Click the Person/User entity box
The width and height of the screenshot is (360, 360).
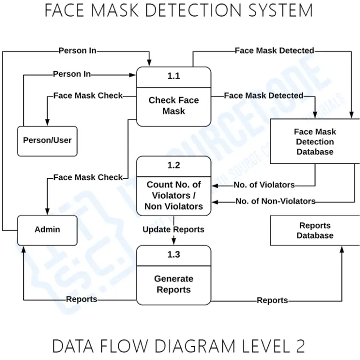point(48,141)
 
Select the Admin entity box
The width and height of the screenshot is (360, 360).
point(48,230)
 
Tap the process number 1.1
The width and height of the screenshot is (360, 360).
point(174,76)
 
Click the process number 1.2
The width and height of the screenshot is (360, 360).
point(174,166)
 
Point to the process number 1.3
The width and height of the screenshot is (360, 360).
point(174,254)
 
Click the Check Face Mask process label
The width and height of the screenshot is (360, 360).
point(174,106)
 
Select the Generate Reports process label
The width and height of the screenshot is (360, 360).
point(174,284)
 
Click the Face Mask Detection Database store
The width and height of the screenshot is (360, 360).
point(314,142)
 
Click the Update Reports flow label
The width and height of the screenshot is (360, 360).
point(173,229)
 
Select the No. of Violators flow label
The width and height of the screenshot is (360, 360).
point(264,185)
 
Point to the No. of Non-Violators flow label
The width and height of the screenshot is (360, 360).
point(275,201)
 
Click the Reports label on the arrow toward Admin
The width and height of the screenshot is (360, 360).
point(81,299)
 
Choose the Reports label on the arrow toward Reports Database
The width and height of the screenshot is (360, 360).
point(272,300)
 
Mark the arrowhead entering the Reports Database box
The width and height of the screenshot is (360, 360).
point(342,249)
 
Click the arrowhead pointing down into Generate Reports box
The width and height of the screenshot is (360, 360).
point(174,242)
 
